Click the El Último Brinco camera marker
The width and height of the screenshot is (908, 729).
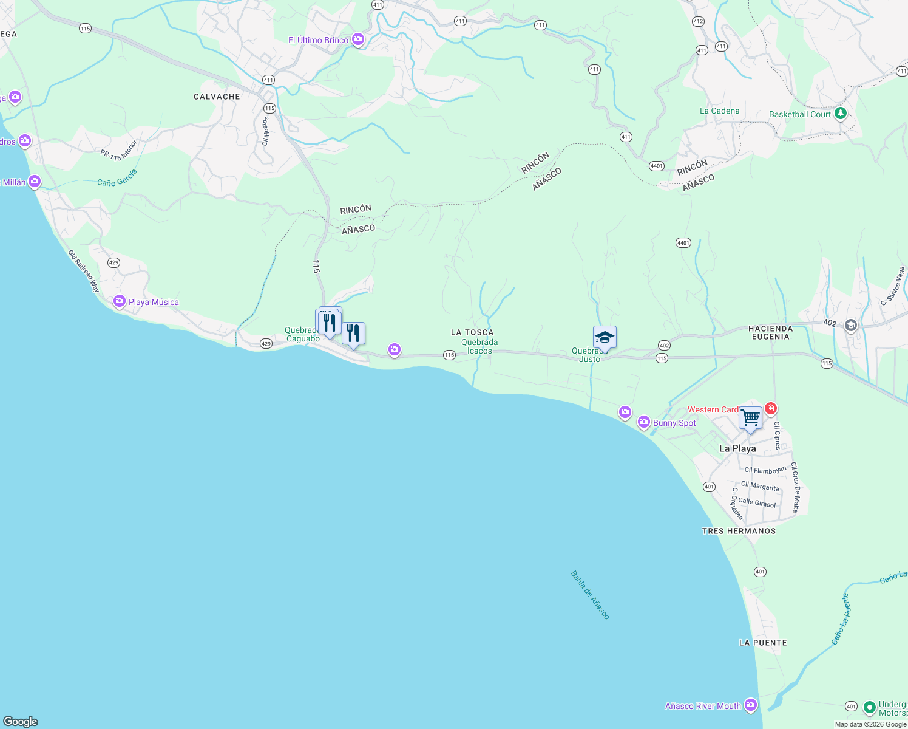(358, 39)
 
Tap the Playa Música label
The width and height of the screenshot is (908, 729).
(154, 302)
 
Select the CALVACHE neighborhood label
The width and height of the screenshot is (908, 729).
(217, 97)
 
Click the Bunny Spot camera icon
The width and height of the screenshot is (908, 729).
(643, 422)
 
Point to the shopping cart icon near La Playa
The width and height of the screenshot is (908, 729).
(751, 418)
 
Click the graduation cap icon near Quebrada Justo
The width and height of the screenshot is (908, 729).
(605, 337)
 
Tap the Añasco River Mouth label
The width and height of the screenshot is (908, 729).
(703, 706)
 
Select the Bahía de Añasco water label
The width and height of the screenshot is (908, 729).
(590, 595)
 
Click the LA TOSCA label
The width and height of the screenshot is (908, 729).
(472, 332)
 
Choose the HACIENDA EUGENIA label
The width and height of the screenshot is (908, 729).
(771, 332)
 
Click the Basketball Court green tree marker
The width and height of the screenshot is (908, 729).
(840, 113)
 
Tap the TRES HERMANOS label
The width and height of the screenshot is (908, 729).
(739, 531)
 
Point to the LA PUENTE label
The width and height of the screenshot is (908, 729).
(763, 643)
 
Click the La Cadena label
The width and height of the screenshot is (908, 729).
(719, 111)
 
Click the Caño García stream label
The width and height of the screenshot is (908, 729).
(117, 178)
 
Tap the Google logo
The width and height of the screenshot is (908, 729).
(21, 722)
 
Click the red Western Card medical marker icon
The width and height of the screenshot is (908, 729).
(771, 408)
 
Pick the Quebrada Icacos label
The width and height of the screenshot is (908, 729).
(479, 346)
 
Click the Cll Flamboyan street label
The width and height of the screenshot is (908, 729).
(765, 470)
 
